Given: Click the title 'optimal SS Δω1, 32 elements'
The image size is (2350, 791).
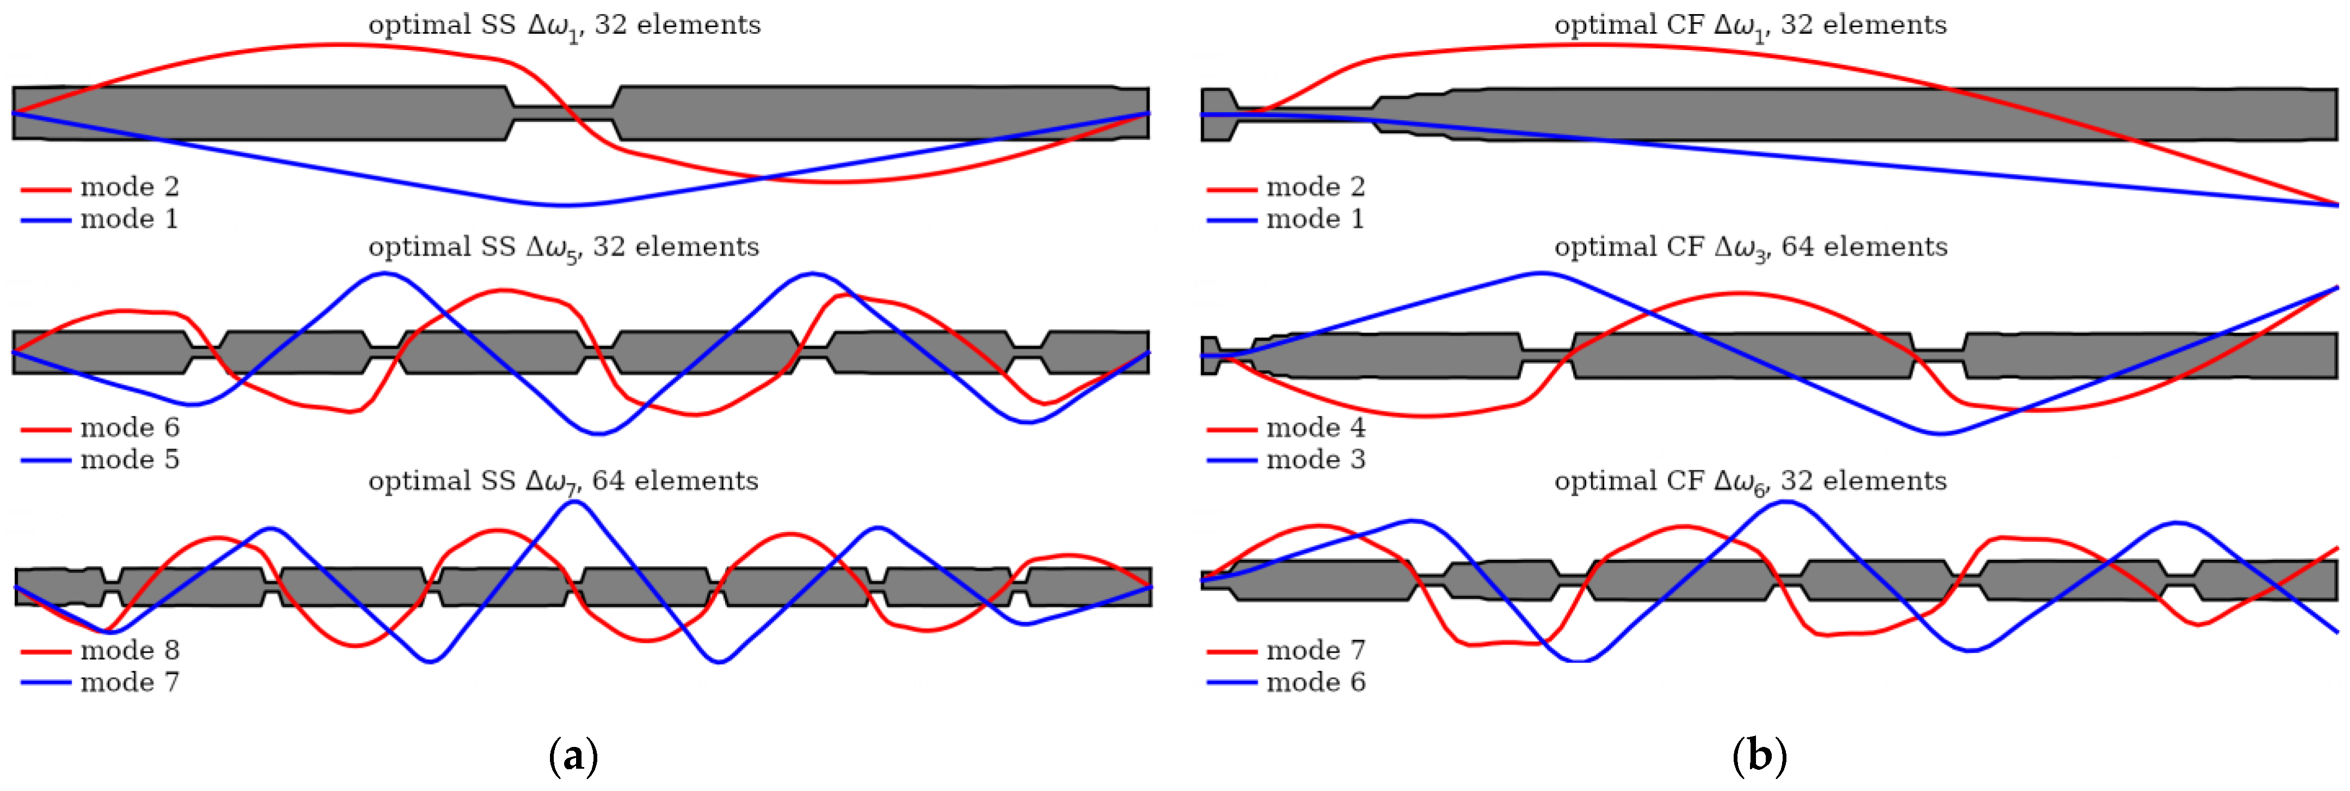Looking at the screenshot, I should point(564,26).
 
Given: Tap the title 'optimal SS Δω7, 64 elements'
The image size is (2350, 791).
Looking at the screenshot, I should point(563,481).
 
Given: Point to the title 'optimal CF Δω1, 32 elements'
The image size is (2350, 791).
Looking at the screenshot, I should point(1750,26).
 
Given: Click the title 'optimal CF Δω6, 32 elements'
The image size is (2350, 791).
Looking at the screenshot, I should point(1750,481).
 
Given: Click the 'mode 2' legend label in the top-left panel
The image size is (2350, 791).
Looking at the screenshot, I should point(129,187).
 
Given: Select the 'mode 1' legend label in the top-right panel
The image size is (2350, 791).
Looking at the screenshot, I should point(1315,219).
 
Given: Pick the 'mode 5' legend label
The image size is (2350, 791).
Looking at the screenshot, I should point(129,459).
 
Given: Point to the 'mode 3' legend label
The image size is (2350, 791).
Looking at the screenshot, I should point(1315,459).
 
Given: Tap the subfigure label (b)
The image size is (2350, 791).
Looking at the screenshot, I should point(1759,756).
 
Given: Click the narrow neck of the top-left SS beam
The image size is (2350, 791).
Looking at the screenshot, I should point(564,113).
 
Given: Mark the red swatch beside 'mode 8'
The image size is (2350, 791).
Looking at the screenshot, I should point(46,651).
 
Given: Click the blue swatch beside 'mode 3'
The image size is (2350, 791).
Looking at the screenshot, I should point(1232,461).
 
